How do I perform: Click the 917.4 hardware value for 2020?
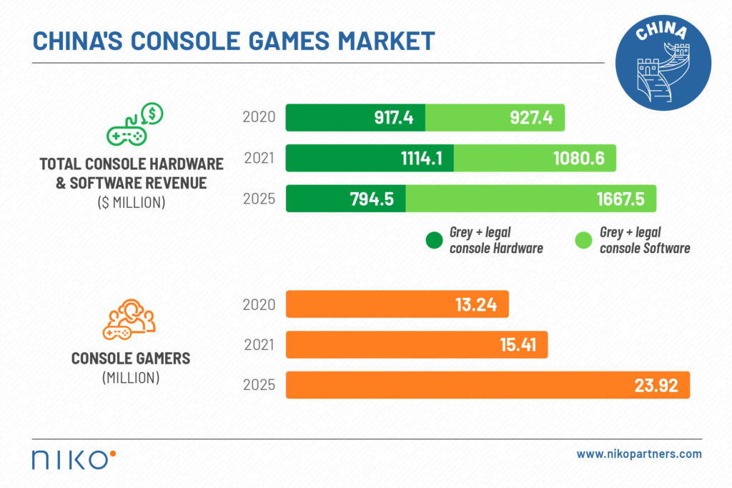pos(393,118)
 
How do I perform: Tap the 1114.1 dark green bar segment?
pos(370,159)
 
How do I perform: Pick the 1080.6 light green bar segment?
pos(535,159)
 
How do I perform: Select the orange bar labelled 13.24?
pos(397,304)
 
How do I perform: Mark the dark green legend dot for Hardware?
pos(434,241)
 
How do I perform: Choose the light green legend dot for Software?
pos(583,241)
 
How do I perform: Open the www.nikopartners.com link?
pos(638,454)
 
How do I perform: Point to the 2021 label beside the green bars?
pos(259,158)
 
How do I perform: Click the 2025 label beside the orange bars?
pos(259,385)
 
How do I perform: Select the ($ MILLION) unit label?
pos(131,203)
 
